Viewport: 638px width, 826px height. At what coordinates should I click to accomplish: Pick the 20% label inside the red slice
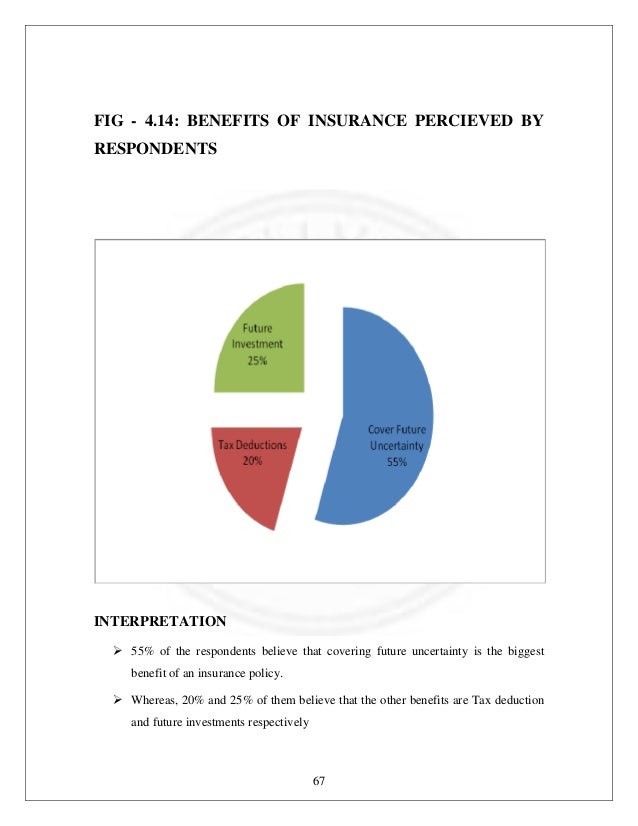coord(252,460)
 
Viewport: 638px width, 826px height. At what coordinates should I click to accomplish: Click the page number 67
coord(319,781)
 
